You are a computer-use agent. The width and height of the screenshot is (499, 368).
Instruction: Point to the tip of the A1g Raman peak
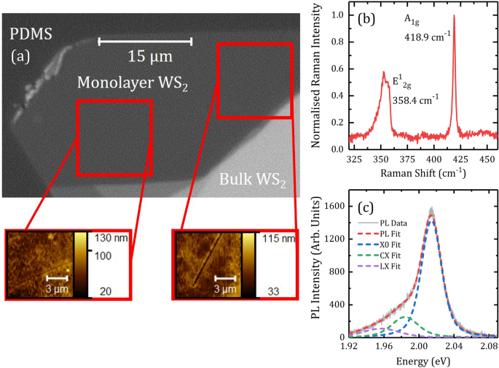click(x=454, y=15)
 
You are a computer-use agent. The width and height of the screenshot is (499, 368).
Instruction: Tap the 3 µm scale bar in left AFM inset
click(x=57, y=278)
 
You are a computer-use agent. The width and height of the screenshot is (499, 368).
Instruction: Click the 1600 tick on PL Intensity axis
click(x=336, y=208)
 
